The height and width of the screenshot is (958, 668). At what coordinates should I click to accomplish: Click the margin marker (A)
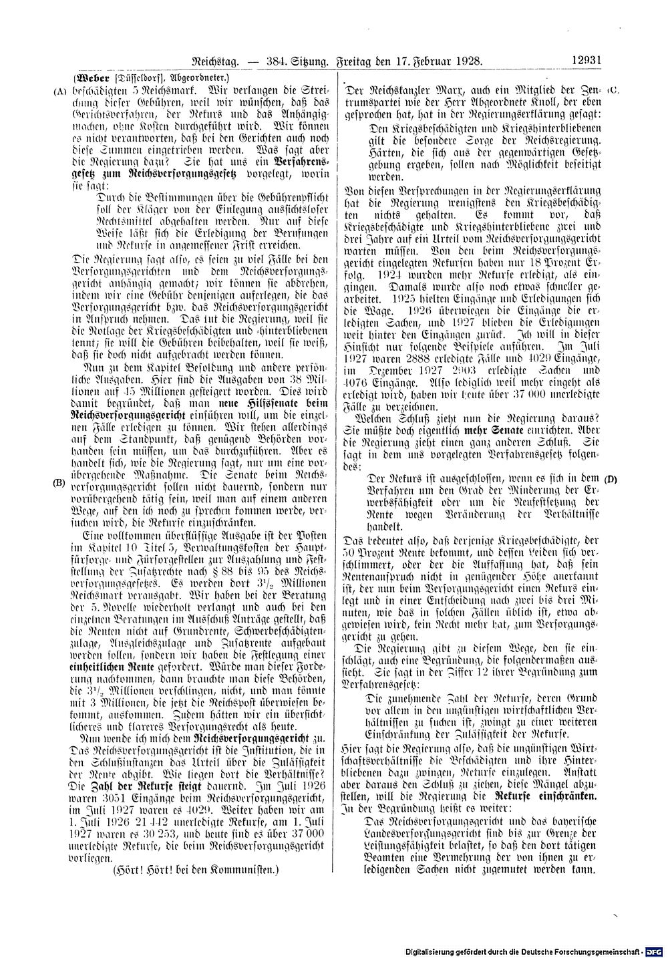pos(59,87)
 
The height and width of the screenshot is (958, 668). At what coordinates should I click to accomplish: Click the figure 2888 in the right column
pos(408,359)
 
